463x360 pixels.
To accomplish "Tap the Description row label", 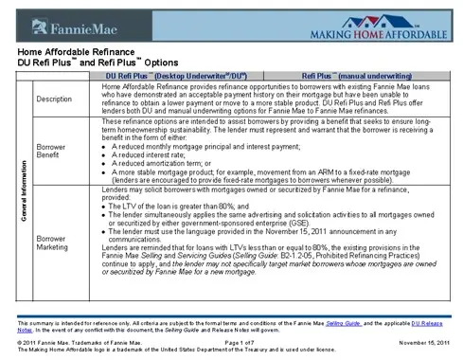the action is [x=55, y=99].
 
